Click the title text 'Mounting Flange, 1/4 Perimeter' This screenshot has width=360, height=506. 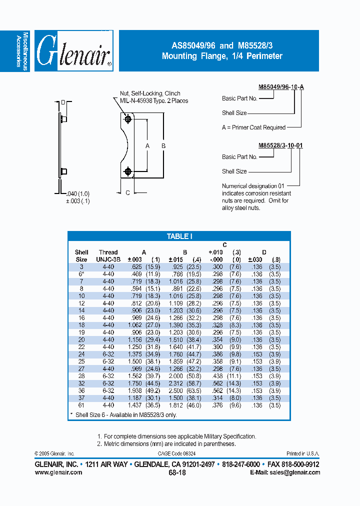222,56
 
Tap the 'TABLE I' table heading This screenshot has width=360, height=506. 179,236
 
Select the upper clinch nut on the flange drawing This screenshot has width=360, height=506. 128,119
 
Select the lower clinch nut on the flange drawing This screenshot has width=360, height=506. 128,171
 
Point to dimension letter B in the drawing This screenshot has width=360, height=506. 163,146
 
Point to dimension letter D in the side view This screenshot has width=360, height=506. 63,102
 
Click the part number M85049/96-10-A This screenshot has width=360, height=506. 281,87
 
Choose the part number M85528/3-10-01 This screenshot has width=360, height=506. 280,145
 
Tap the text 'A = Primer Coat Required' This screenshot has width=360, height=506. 253,127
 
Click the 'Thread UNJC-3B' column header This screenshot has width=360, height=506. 108,256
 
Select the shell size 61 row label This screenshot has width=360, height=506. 81,405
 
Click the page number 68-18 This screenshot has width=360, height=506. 177,472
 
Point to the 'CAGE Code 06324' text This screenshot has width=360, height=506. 177,453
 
